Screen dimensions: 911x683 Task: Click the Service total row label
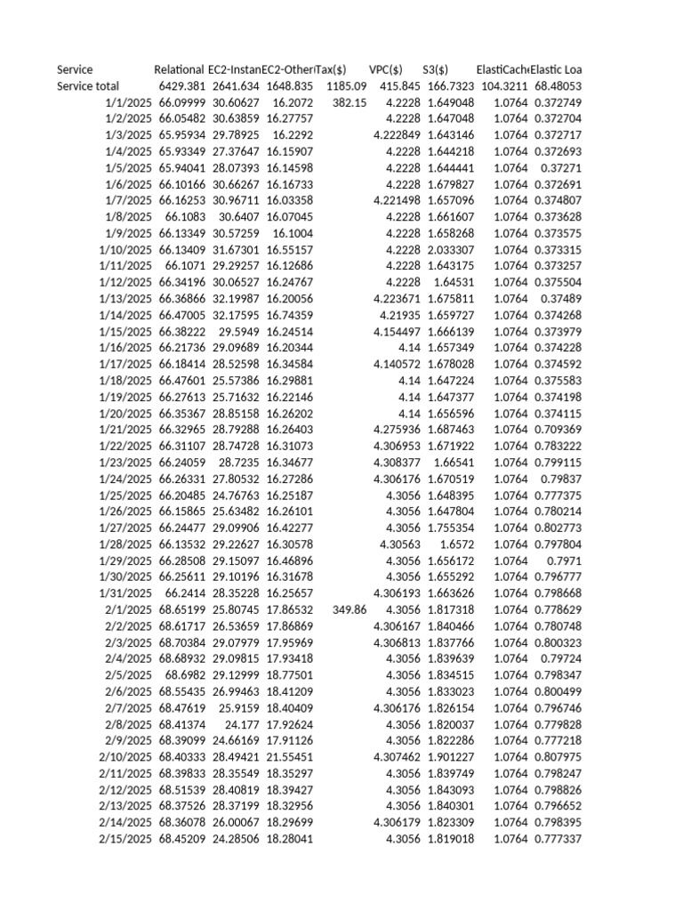[88, 86]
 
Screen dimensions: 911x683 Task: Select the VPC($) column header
[385, 69]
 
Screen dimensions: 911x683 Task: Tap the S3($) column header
[435, 69]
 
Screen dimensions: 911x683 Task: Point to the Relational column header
[179, 69]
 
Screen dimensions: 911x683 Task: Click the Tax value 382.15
[350, 102]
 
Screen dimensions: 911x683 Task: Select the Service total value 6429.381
[182, 86]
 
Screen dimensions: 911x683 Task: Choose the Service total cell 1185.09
[346, 86]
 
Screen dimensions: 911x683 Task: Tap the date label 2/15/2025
[126, 839]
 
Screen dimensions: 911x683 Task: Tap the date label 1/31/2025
[126, 593]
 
